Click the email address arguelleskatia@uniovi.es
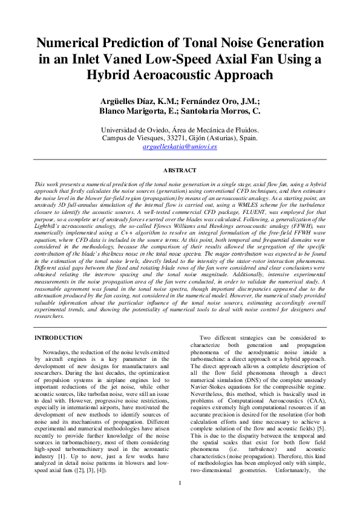point(180,146)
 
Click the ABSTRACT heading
point(180,171)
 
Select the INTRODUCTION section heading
point(59,337)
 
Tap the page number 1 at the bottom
point(180,499)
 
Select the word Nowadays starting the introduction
point(60,352)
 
